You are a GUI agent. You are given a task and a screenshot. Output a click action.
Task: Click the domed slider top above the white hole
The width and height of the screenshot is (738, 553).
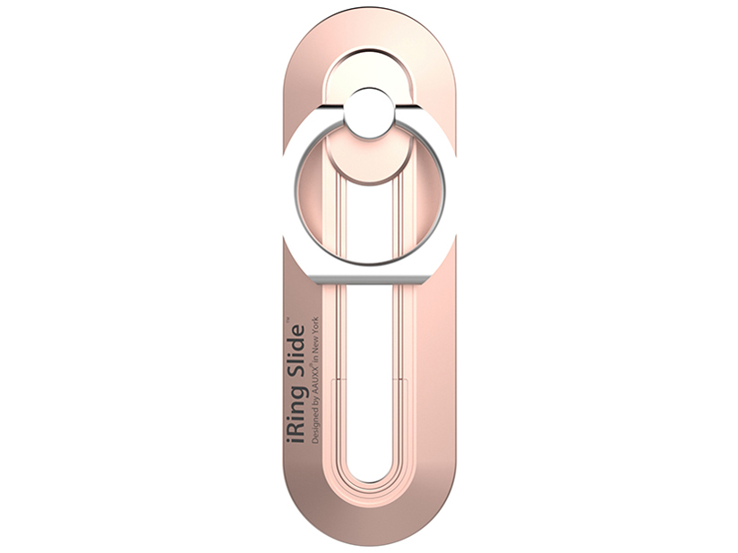[x=368, y=68]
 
